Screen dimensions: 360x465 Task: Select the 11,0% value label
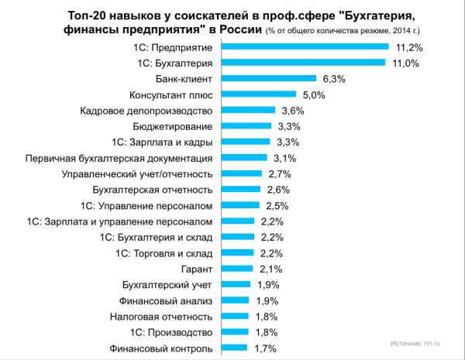click(x=405, y=62)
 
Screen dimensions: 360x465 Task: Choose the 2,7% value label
click(x=280, y=173)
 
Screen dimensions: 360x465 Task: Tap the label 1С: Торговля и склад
click(x=164, y=252)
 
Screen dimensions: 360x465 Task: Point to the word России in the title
click(x=238, y=29)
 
